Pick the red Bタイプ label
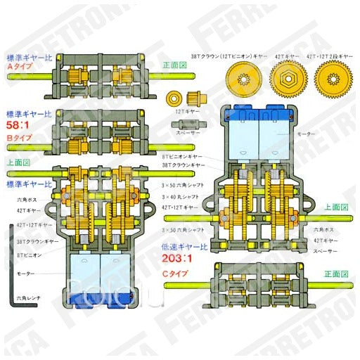click(x=20, y=139)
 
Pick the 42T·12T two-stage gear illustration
click(x=333, y=77)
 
